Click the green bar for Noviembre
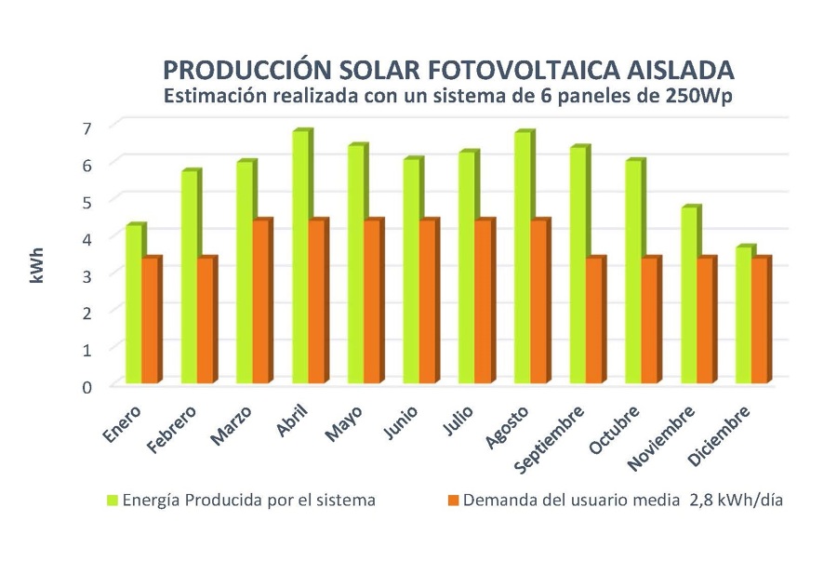pyautogui.click(x=689, y=296)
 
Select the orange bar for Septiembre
pyautogui.click(x=595, y=321)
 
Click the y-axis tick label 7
pyautogui.click(x=86, y=127)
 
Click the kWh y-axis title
pyautogui.click(x=37, y=265)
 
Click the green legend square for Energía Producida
pyautogui.click(x=113, y=501)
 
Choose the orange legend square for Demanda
pyautogui.click(x=453, y=501)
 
